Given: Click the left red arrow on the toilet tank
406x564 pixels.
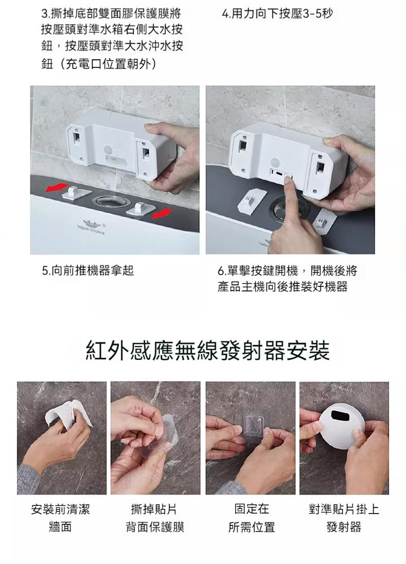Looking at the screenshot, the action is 57,188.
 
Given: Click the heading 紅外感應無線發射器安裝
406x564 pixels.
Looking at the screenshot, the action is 208,351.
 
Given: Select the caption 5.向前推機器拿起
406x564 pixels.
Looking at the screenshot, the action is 88,270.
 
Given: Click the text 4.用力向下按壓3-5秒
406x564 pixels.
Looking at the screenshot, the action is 278,14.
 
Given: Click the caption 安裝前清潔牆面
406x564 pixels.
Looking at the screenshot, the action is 61,518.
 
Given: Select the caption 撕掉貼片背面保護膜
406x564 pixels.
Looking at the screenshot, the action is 155,518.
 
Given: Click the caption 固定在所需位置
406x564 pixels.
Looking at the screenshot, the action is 252,518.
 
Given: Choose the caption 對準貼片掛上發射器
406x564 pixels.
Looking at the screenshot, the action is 344,518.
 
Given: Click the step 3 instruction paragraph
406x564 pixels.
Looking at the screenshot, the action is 112,40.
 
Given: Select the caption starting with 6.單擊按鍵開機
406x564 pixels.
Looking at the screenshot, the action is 288,279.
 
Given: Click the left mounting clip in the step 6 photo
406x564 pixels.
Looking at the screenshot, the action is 252,198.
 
